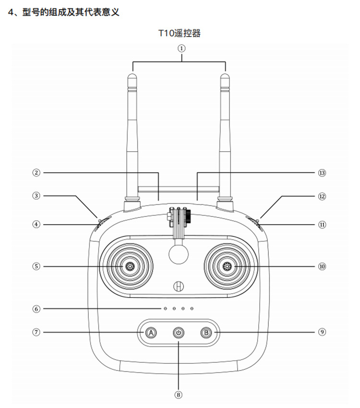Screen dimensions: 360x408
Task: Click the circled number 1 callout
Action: pyautogui.click(x=181, y=48)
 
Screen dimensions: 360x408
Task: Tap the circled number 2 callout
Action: pyautogui.click(x=36, y=172)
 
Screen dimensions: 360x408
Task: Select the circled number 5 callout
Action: pyautogui.click(x=36, y=266)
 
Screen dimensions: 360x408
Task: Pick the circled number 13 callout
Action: pyautogui.click(x=322, y=173)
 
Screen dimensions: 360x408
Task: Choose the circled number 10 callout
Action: pyautogui.click(x=322, y=266)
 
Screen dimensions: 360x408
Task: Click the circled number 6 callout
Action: pyautogui.click(x=36, y=309)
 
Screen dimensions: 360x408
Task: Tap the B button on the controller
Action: pyautogui.click(x=206, y=333)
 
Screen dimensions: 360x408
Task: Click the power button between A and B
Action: pyautogui.click(x=179, y=333)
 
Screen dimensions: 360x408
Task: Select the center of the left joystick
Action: pyautogui.click(x=130, y=266)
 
